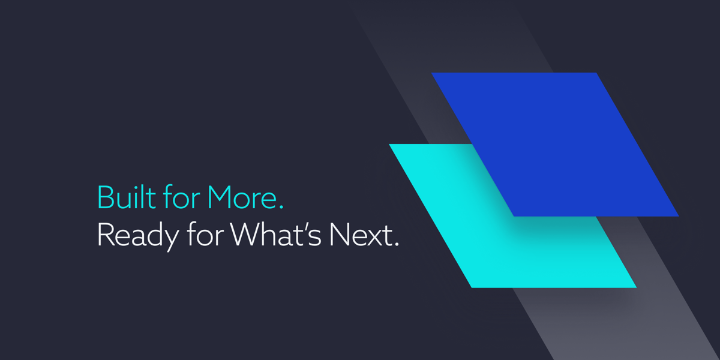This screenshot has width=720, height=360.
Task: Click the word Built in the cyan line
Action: (x=127, y=197)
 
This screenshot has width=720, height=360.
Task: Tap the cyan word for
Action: (x=182, y=197)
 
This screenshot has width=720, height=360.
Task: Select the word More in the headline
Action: (x=242, y=197)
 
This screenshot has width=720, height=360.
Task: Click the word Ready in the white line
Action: (x=138, y=236)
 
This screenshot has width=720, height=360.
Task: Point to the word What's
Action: (x=275, y=235)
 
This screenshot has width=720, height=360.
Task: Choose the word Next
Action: (x=361, y=235)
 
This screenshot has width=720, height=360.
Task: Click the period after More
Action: (x=281, y=208)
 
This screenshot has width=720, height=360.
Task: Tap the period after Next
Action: (x=397, y=245)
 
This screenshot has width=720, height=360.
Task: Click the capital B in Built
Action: (x=105, y=197)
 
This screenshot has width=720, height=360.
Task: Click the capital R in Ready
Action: (x=106, y=235)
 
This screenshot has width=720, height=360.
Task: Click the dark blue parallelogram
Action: (x=555, y=145)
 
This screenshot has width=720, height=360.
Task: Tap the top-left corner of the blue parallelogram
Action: (x=431, y=73)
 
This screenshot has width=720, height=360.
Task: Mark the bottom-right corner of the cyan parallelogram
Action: (x=637, y=287)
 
